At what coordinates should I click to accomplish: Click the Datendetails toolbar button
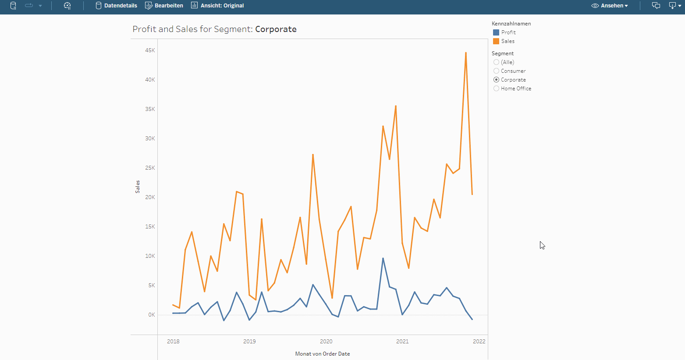click(x=116, y=6)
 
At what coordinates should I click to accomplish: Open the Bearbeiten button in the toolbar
click(x=164, y=6)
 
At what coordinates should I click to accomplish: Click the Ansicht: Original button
click(x=217, y=6)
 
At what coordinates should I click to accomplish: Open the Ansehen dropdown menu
click(x=610, y=6)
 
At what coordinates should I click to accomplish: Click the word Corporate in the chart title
click(x=276, y=29)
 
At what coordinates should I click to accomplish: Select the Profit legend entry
click(x=508, y=32)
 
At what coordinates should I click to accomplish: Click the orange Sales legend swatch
click(x=496, y=41)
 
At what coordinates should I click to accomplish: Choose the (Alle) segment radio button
click(x=496, y=62)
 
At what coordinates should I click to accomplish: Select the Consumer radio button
click(x=496, y=71)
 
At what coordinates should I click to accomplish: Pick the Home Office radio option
click(x=496, y=89)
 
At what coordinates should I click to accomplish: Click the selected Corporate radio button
click(x=496, y=80)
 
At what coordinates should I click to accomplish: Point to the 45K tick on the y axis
click(x=150, y=50)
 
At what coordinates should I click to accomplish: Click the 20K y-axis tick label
click(x=150, y=197)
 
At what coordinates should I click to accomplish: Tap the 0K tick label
click(x=151, y=315)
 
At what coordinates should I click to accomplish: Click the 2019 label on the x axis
click(x=249, y=342)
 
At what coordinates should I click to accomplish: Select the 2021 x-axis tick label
click(x=402, y=342)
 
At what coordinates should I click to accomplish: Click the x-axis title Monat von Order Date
click(x=323, y=354)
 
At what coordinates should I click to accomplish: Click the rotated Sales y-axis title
click(x=138, y=187)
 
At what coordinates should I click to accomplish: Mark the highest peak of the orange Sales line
click(x=465, y=53)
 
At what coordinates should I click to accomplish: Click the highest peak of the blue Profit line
click(x=383, y=258)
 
